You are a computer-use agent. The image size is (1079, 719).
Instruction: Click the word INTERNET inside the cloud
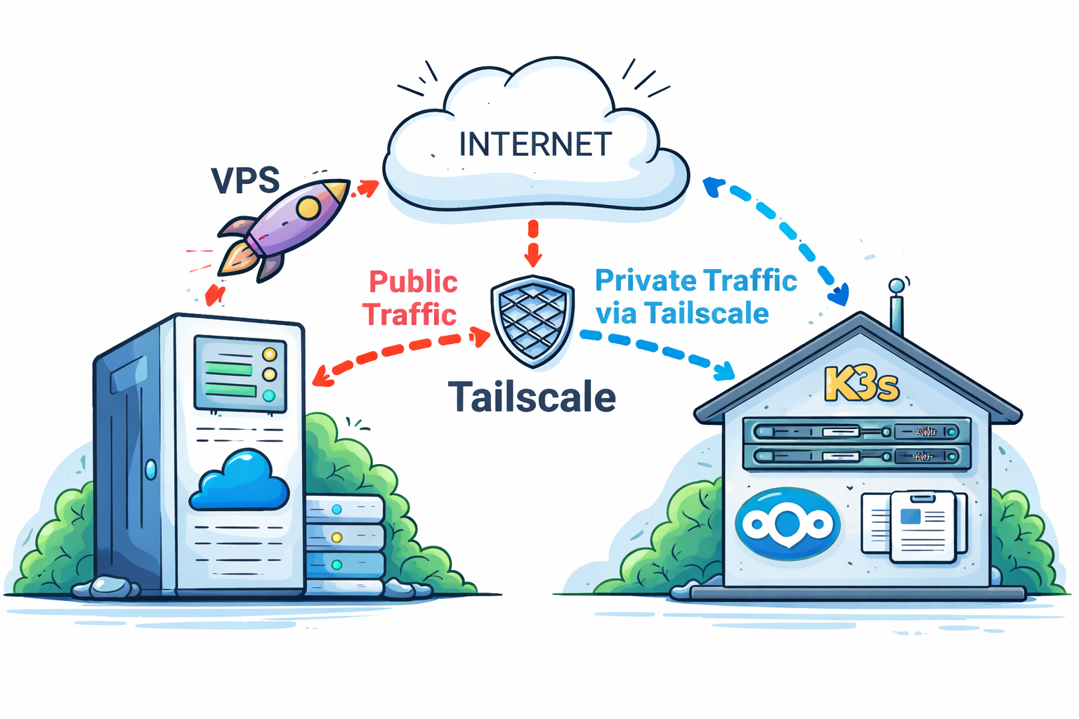535,145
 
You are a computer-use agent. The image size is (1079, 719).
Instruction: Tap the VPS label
245,180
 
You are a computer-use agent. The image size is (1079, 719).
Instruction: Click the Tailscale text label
532,397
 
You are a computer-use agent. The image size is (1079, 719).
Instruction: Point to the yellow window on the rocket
308,207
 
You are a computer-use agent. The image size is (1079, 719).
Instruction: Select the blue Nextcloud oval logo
787,523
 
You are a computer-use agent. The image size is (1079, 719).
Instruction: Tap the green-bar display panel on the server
240,373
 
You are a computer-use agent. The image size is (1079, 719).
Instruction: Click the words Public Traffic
412,298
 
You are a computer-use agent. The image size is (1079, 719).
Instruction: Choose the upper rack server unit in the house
856,431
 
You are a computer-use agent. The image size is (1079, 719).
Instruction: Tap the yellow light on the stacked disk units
336,537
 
